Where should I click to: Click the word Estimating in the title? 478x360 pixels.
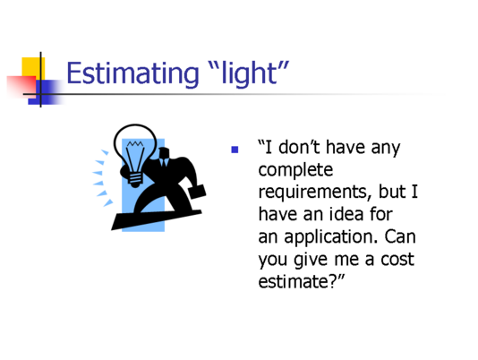click(x=132, y=73)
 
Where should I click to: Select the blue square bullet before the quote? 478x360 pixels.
click(x=235, y=150)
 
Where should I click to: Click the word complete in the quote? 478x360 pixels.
click(x=295, y=170)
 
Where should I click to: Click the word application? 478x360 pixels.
click(x=331, y=237)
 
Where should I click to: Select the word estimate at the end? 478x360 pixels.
click(x=293, y=281)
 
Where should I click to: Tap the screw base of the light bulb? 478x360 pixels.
click(x=135, y=179)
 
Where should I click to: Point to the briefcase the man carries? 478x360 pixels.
click(x=197, y=192)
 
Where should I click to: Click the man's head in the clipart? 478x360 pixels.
click(x=164, y=153)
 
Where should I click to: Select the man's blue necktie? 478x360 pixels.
click(x=164, y=162)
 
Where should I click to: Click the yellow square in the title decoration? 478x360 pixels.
click(x=33, y=68)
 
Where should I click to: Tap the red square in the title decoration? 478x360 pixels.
click(x=21, y=86)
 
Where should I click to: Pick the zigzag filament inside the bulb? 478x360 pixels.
click(x=135, y=144)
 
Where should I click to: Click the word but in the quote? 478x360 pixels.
click(x=391, y=192)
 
